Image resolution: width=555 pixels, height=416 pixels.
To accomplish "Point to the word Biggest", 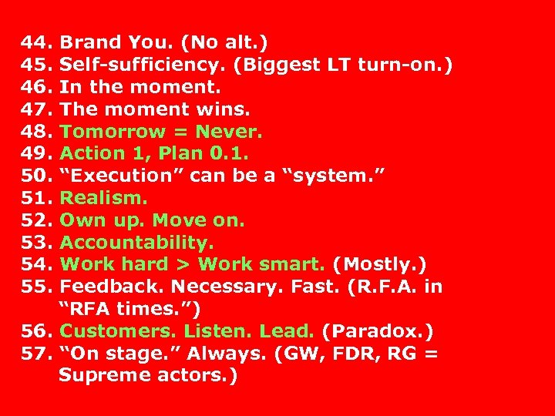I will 276,64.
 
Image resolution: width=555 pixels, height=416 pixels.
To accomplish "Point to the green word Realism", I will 103,198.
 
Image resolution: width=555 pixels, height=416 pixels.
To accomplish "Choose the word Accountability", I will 137,243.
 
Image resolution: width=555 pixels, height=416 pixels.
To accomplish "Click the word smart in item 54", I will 292,264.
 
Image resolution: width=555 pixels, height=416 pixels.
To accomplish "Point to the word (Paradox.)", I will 378,331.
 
